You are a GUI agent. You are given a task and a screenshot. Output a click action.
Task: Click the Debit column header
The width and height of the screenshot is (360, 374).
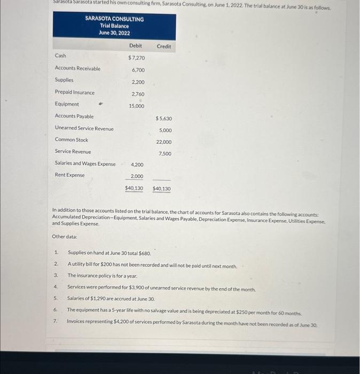[x=136, y=46]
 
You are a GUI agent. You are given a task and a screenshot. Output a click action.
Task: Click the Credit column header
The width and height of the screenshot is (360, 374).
[x=164, y=46]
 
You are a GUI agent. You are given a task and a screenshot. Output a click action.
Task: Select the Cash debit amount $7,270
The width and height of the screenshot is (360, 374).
[x=136, y=57]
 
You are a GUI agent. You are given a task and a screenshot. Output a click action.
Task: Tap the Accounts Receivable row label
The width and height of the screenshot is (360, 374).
[x=77, y=68]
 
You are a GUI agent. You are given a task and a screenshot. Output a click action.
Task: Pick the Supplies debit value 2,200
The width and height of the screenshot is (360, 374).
[x=138, y=82]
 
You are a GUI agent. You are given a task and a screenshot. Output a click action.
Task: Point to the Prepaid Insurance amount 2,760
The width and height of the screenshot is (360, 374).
[x=138, y=94]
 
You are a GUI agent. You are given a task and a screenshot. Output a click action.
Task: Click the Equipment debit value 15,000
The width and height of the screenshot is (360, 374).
[x=136, y=106]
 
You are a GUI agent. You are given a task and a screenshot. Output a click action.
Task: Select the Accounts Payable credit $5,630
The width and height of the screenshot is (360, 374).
[x=163, y=118]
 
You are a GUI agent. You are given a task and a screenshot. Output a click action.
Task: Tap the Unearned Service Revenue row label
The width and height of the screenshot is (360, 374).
[x=84, y=128]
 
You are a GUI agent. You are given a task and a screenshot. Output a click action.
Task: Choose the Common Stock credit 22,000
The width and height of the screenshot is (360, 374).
[x=163, y=142]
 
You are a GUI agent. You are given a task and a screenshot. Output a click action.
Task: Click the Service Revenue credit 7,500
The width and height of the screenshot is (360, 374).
[x=165, y=154]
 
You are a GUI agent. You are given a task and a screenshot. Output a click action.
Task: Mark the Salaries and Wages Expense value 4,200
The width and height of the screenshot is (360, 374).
[x=137, y=165]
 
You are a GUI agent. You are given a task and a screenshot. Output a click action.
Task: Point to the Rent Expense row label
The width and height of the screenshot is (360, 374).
[x=69, y=175]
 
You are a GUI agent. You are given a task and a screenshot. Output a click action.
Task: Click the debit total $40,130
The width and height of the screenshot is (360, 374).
[x=134, y=189]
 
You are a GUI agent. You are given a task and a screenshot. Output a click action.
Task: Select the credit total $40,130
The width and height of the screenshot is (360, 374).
[x=162, y=189]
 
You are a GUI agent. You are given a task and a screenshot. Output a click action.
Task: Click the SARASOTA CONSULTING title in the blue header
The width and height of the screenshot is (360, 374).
[x=114, y=19]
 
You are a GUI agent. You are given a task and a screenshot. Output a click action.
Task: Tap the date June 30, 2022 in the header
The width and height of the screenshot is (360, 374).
[x=114, y=33]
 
